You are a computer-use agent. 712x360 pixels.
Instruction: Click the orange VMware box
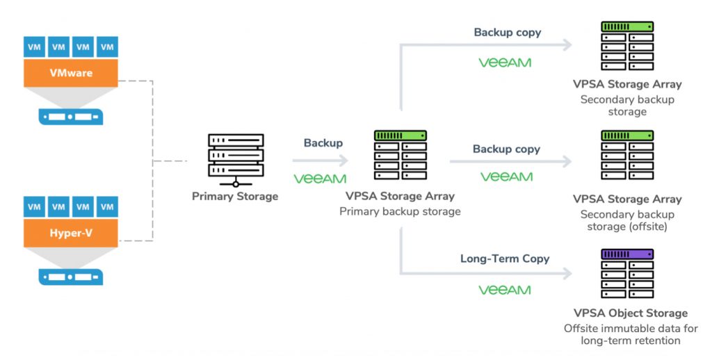[x=71, y=73]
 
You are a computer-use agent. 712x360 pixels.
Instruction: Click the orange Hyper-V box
[x=71, y=233]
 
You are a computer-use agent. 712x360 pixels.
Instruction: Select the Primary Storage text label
[x=235, y=197]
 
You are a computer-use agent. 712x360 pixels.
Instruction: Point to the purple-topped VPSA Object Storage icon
[x=627, y=274]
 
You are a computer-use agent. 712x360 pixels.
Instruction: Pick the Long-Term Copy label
[x=505, y=259]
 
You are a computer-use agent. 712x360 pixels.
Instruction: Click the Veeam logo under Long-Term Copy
[x=505, y=289]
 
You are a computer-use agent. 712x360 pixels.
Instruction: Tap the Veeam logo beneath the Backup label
[x=320, y=179]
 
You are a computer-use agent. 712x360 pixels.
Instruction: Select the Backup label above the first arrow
[x=323, y=143]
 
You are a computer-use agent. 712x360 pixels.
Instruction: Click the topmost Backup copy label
[x=508, y=33]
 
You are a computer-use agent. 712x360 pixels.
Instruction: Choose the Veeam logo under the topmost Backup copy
[x=505, y=63]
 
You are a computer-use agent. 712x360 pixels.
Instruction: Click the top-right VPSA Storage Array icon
[x=627, y=46]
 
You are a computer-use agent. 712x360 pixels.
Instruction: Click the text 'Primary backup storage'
[x=400, y=211]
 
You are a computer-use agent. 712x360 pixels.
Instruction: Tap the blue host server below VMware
[x=71, y=116]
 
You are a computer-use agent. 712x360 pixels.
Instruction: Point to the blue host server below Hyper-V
[x=71, y=276]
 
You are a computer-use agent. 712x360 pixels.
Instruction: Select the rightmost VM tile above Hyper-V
[x=107, y=206]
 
